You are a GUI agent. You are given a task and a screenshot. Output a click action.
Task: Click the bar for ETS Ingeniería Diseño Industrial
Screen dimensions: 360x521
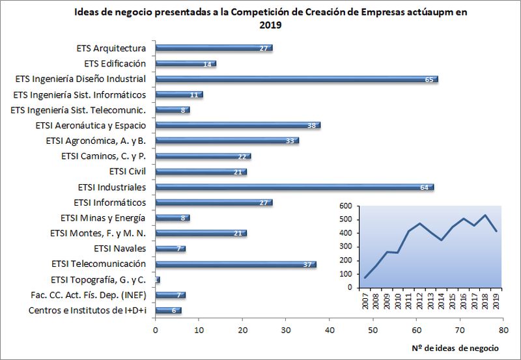coord(296,79)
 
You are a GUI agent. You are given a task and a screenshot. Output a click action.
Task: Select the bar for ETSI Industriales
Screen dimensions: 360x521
coord(294,187)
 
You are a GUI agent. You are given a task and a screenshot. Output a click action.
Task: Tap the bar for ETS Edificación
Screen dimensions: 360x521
coord(186,64)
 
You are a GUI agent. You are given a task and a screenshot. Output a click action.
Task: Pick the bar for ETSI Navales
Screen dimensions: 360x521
coord(171,249)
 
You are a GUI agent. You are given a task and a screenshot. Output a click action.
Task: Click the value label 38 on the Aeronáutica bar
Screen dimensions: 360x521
coord(312,126)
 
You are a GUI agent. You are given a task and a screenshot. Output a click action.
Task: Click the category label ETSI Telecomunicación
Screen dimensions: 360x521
coord(98,264)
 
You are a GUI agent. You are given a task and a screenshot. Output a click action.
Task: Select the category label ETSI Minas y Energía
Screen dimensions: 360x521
coord(103,217)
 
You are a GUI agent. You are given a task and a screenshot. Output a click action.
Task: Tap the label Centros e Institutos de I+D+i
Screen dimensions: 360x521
coord(87,310)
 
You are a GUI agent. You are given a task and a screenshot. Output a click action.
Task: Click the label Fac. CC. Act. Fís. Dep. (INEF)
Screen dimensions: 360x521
coord(87,294)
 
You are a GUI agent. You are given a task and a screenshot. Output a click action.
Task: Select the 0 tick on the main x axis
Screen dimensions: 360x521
coord(156,330)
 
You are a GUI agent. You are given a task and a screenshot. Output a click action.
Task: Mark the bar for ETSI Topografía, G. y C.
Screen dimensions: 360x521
coord(158,280)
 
